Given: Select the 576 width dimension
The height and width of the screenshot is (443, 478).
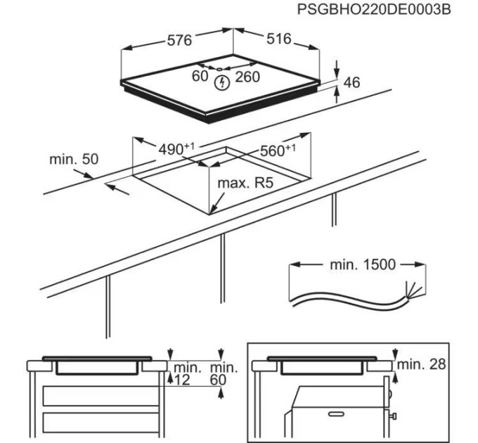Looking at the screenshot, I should [179, 41].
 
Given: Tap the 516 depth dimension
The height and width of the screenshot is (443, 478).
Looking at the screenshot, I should [278, 39].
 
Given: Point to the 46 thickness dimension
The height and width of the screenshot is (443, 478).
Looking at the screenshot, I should [351, 83].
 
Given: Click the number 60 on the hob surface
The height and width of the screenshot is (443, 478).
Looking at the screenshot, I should [200, 76].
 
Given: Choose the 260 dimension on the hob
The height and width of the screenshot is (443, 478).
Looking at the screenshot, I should [247, 77].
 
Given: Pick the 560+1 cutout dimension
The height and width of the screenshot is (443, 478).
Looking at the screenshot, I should [278, 150].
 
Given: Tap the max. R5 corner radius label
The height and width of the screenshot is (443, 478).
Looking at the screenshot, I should [245, 184].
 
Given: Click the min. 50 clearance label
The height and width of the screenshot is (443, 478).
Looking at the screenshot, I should [74, 160].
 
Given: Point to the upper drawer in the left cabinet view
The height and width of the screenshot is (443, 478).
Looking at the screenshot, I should [98, 395].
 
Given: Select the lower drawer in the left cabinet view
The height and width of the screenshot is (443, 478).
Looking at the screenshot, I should [98, 423].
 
